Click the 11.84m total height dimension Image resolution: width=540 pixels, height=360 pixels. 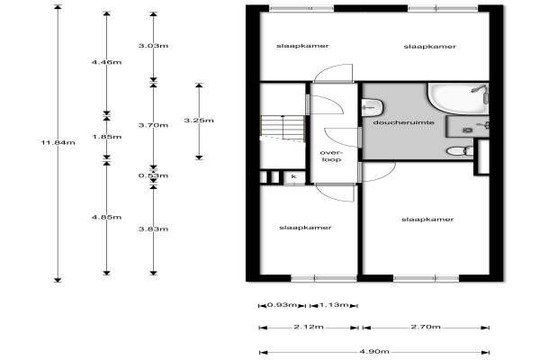coord(58,142)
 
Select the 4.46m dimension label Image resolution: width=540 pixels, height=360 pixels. coord(106,62)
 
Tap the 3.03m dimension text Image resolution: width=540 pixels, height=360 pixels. coord(153,46)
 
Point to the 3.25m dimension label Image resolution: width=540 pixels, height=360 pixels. coord(199,121)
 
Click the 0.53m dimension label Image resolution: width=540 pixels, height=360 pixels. coord(153,175)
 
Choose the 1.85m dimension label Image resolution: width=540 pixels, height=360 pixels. coord(107,137)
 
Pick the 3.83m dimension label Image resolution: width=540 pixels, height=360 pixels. coord(153,229)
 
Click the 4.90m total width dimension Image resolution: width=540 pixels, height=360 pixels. coord(374,351)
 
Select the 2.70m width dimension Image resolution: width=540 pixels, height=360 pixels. coord(426,327)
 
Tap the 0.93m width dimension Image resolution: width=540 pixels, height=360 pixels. coord(282,304)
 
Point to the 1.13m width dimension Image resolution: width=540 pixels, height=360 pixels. coord(334,304)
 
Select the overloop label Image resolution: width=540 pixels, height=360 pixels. coord(331,156)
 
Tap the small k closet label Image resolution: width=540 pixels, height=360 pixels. coord(293,176)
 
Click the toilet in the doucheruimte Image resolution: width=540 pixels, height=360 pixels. coord(460,151)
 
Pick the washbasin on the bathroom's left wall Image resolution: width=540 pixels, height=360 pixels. coord(373,107)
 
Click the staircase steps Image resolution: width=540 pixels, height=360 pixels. coord(283,128)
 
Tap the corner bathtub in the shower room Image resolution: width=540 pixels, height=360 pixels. coord(458,98)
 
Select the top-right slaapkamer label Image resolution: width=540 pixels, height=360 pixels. coord(430,46)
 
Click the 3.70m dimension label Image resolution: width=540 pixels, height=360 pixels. coord(153,125)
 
